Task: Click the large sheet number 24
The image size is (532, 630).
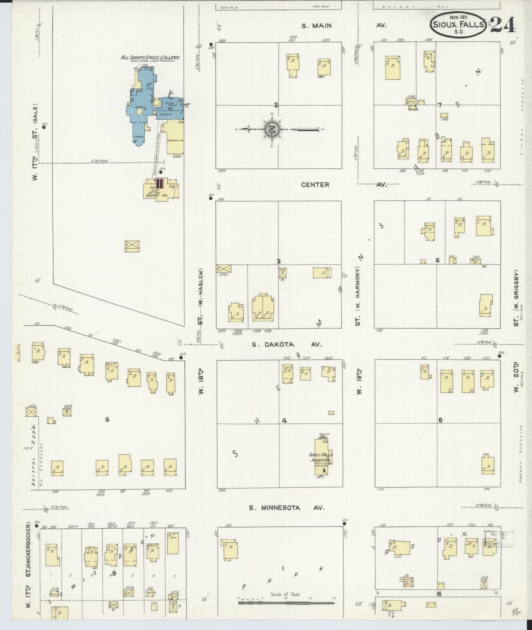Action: coord(503,25)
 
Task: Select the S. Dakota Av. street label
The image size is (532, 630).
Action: coord(287,344)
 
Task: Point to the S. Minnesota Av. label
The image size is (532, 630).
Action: coord(286,508)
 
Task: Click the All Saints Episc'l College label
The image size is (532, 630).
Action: coord(150,57)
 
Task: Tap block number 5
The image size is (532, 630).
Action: coord(440,420)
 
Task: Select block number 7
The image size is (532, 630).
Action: coord(440,105)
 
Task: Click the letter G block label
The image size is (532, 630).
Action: coord(107,419)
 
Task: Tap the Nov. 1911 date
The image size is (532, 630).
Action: coord(458,17)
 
